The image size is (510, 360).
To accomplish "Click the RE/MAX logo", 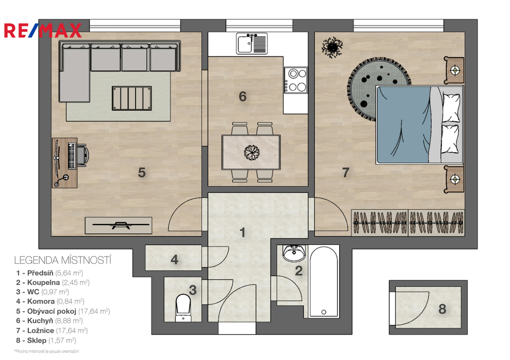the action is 43,30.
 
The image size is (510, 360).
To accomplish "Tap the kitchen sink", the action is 252,44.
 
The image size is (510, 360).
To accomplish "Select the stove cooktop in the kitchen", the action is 296,80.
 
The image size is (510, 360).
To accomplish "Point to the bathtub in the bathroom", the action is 324,282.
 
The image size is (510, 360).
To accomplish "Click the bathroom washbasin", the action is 294,253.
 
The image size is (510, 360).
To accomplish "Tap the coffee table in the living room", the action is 131,98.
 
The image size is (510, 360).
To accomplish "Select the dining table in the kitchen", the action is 251,152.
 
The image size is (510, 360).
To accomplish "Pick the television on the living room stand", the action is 121,225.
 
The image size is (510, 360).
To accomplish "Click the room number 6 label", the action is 243,97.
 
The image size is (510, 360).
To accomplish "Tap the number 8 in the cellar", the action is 442,309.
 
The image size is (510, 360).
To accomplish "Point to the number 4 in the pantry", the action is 174,259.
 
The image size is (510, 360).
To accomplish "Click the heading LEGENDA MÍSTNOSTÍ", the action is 63,260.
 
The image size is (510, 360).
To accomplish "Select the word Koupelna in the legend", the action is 44,282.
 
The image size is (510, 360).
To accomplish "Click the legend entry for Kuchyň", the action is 49,321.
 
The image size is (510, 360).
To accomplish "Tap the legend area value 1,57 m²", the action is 62,341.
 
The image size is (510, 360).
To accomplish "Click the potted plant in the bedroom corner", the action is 332,47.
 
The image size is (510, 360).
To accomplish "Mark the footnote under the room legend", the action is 47,351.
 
